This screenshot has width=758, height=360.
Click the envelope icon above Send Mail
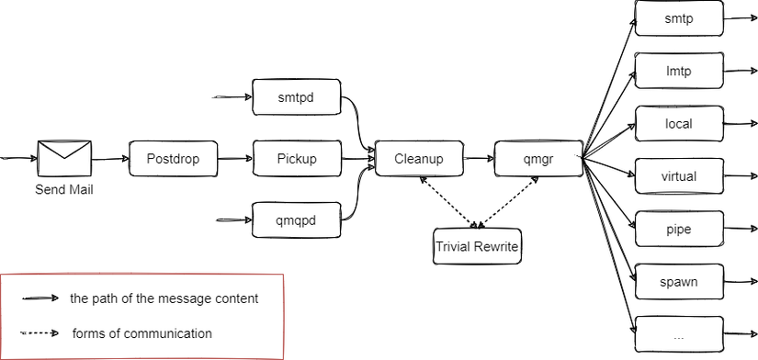click(x=64, y=159)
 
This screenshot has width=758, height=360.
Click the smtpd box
click(x=296, y=96)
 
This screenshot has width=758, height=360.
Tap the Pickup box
click(x=296, y=159)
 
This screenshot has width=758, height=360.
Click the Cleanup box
click(x=418, y=159)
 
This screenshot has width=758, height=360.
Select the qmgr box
click(x=537, y=159)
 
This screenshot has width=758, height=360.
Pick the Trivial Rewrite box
click(x=477, y=246)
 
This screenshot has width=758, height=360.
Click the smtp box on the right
click(x=678, y=18)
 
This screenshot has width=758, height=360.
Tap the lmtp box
click(x=678, y=71)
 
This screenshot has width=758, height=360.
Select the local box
click(x=678, y=123)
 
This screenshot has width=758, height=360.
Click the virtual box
click(x=678, y=176)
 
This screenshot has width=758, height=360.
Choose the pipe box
click(x=678, y=229)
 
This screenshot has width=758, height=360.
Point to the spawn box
click(x=678, y=281)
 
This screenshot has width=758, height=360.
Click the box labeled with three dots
click(x=678, y=334)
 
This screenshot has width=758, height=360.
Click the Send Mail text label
click(x=64, y=190)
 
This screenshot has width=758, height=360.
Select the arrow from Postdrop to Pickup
click(x=233, y=159)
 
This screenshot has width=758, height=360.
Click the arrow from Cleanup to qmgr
click(x=478, y=159)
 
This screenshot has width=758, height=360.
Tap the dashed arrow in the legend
click(x=40, y=333)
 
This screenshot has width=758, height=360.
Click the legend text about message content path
click(x=164, y=298)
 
